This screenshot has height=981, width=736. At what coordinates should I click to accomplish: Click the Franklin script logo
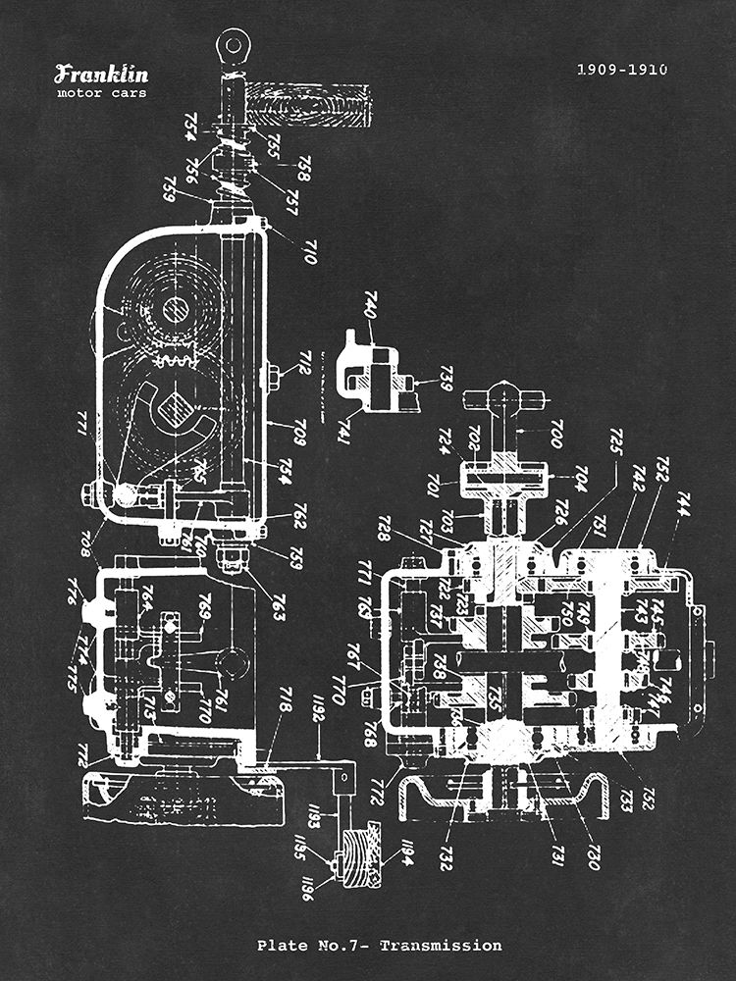[101, 74]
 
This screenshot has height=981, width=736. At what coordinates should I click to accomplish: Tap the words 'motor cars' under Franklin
[101, 93]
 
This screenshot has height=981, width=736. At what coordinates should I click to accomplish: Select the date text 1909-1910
[621, 70]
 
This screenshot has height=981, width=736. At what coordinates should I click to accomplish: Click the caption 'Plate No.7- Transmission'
[379, 946]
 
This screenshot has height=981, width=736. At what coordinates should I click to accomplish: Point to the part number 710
[308, 251]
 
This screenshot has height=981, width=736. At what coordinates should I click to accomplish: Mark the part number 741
[345, 431]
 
